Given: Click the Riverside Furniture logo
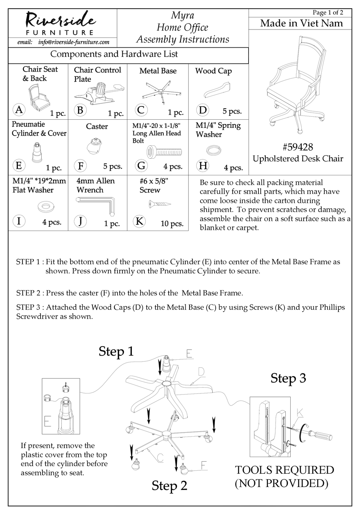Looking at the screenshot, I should (61, 23).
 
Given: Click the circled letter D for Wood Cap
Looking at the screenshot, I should (203, 110).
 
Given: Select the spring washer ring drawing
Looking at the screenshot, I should (214, 151).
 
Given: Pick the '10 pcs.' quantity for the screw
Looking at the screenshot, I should (172, 223).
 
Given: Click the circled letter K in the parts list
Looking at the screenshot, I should (139, 221).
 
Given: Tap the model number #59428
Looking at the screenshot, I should (298, 147).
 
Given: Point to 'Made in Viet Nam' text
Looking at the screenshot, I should (301, 23).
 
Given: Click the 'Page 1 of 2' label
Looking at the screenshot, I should (328, 12).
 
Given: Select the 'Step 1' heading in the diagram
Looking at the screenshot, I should (116, 351).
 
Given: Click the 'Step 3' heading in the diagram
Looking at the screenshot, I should (288, 378).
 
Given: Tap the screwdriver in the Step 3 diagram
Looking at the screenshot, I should (316, 432).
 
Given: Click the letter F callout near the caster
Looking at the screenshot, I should (204, 465).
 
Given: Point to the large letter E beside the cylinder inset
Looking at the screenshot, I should (48, 421).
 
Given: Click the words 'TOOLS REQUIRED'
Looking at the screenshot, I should (284, 470).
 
